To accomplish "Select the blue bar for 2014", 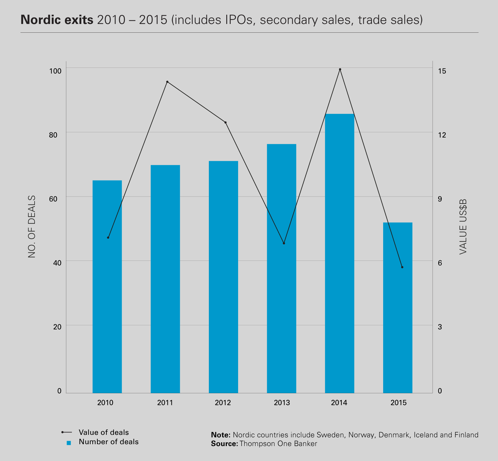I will click(340, 253).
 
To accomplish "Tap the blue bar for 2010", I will click(107, 286).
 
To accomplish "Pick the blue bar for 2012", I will click(223, 277).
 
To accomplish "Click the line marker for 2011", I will click(167, 82).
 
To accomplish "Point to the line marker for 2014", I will click(340, 69).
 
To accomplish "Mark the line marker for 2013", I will click(284, 243).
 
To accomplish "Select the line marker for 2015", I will click(402, 267).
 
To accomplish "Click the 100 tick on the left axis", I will click(55, 71).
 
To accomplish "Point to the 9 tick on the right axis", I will click(440, 199).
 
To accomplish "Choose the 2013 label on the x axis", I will click(282, 403).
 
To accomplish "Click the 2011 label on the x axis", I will click(165, 403).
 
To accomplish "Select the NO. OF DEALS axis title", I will click(32, 227).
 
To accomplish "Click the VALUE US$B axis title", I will click(463, 227).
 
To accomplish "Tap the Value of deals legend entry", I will click(104, 432).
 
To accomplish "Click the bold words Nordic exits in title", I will click(57, 20).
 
